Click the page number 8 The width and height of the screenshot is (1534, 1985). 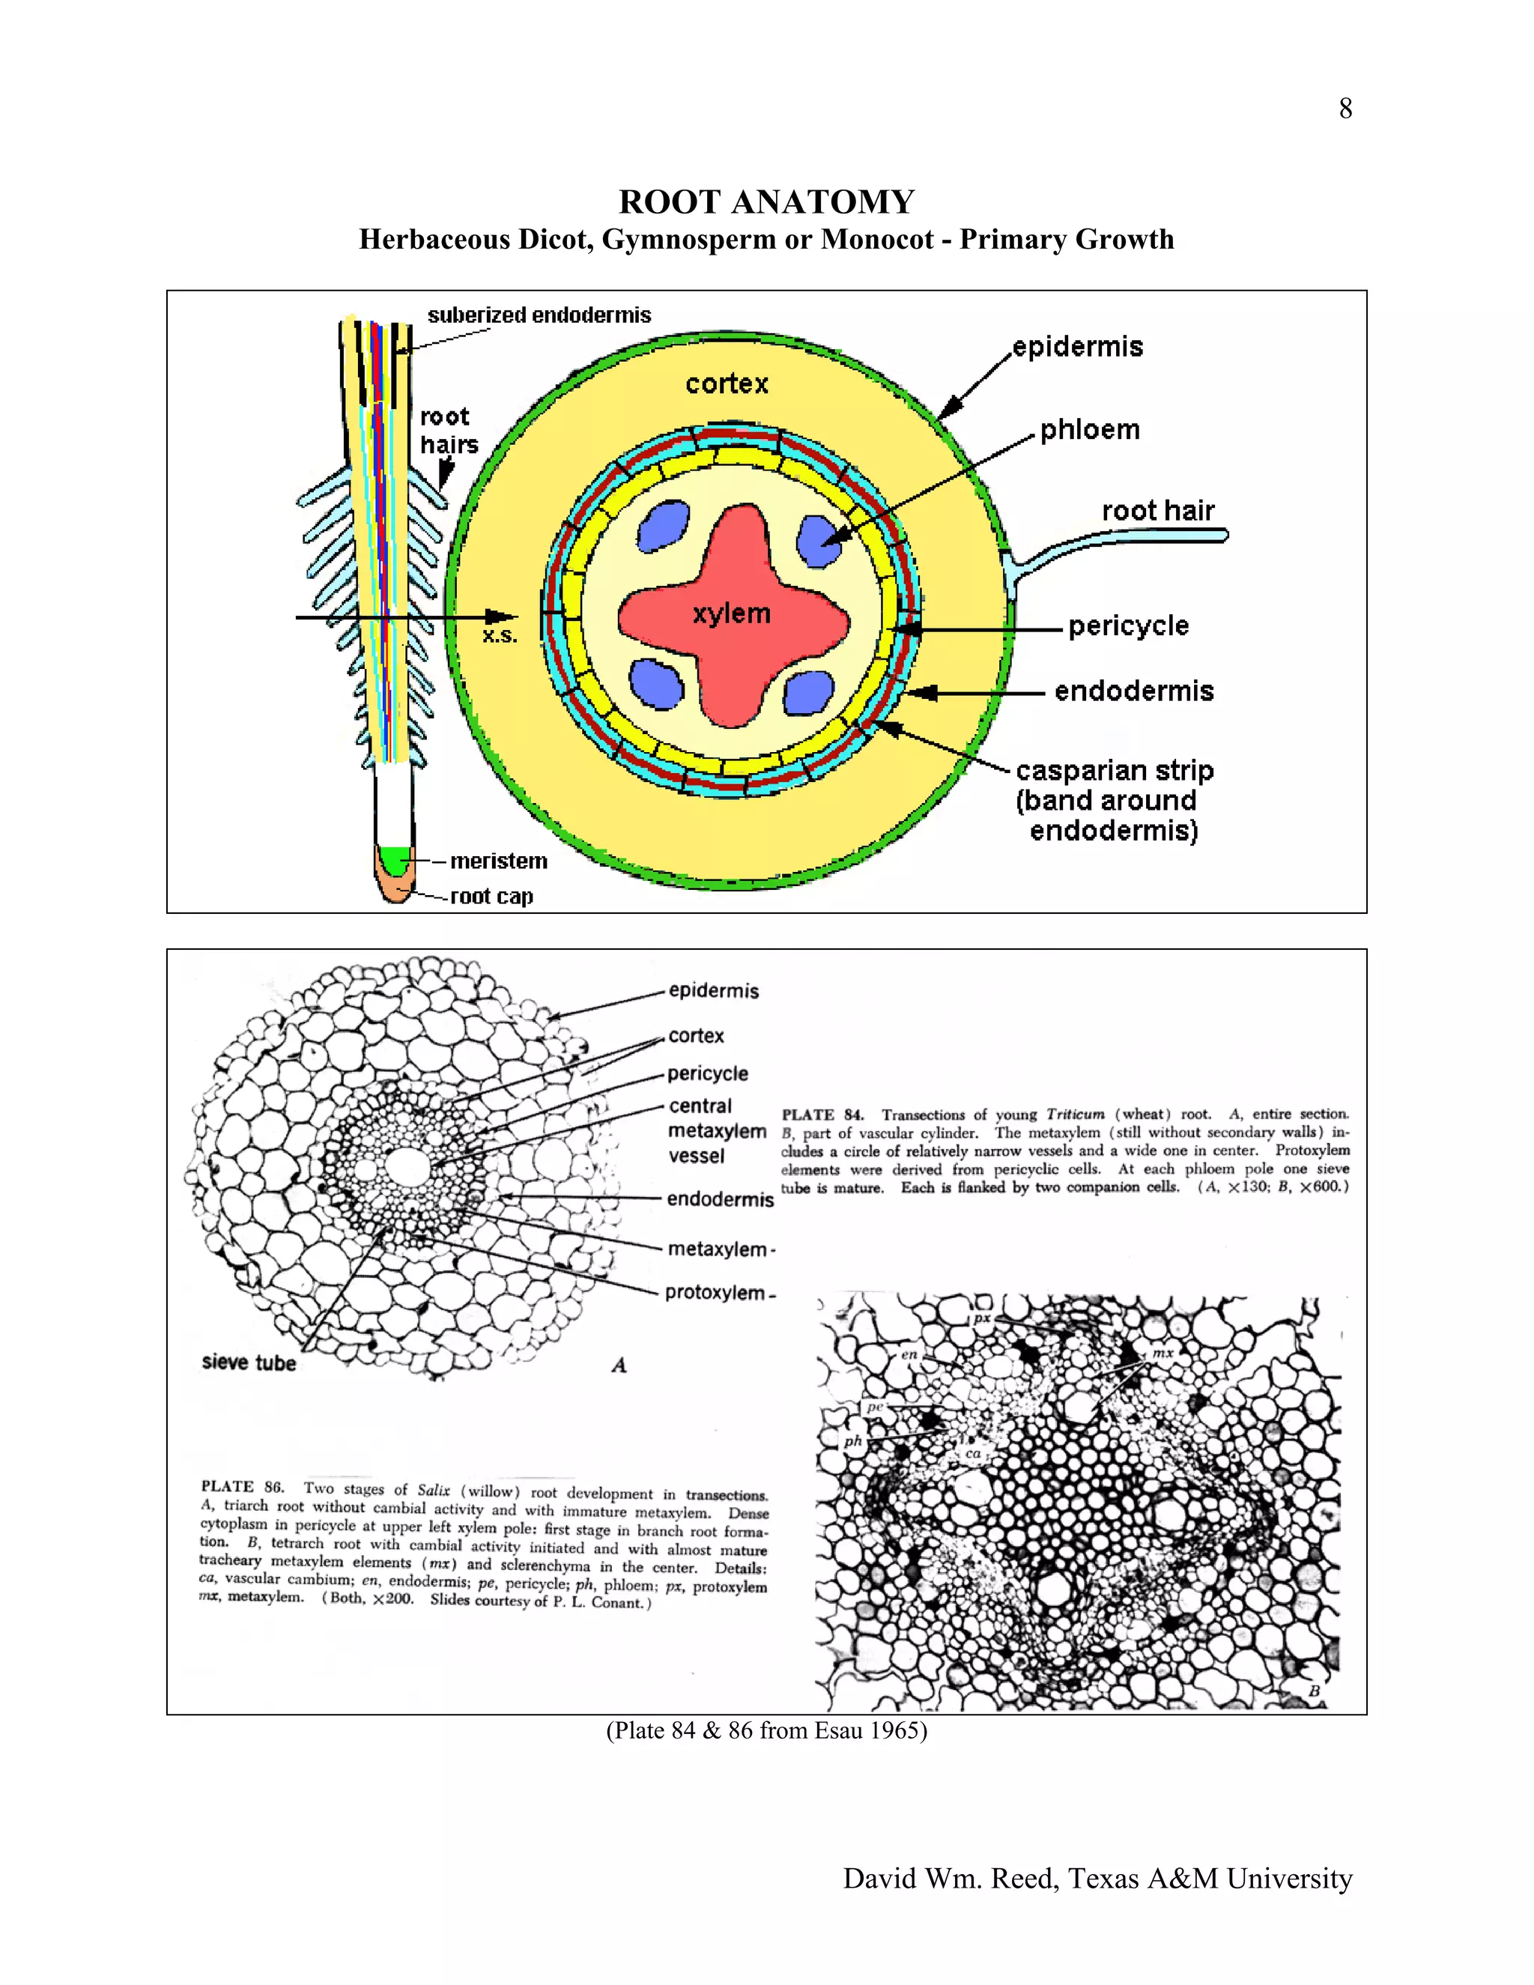coord(1345,109)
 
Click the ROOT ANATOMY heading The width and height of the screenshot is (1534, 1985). coord(766,201)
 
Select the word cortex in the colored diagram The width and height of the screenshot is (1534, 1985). coord(727,384)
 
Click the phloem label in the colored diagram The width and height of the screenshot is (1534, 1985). coord(1090,429)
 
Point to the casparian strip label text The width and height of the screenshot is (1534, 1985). coord(1114,771)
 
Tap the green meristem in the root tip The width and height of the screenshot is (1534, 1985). coord(395,858)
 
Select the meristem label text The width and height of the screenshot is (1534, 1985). coord(499,861)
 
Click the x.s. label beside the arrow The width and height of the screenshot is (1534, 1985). coord(500,636)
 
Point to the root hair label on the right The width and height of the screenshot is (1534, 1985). coord(1158,511)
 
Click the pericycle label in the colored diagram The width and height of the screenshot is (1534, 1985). coord(1128,625)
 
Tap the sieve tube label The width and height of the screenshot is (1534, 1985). coord(249,1363)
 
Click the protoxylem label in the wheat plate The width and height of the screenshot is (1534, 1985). coord(715,1292)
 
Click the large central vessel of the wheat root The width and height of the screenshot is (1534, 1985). coord(404,1164)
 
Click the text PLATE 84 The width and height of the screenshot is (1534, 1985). coord(822,1115)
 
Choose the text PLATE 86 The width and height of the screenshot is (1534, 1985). coord(242,1488)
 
